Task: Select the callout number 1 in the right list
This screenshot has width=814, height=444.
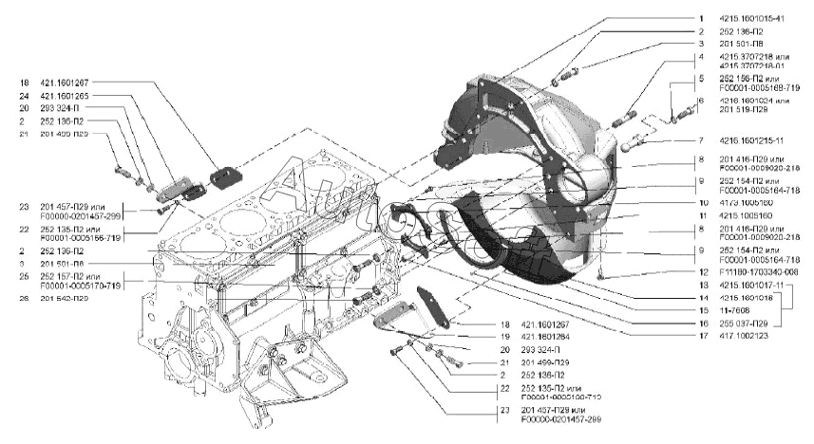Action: point(699,17)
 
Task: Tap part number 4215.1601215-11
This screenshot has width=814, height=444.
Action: point(750,140)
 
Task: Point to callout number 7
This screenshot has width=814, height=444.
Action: point(699,140)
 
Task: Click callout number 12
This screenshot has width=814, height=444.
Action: point(700,270)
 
